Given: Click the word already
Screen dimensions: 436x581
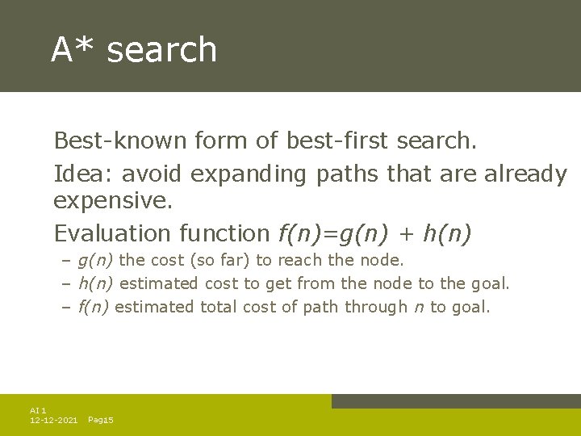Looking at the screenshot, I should (x=525, y=174).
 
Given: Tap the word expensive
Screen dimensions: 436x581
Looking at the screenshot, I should (x=113, y=201).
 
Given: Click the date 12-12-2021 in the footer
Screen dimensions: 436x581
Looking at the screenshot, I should (x=53, y=421).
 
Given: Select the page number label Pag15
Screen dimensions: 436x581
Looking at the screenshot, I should (x=100, y=421).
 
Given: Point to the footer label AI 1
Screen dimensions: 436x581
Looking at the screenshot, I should (x=38, y=411).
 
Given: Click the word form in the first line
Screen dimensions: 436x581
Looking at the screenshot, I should (x=223, y=140).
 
